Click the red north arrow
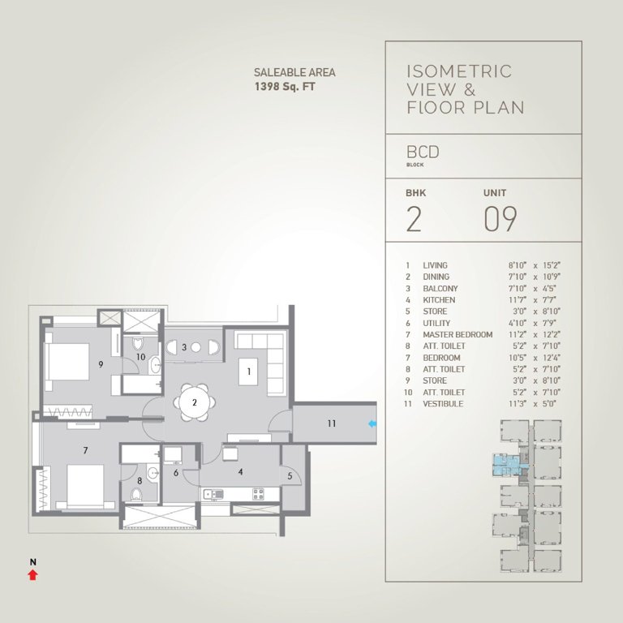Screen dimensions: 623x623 pyautogui.click(x=32, y=575)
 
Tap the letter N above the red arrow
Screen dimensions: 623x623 pyautogui.click(x=32, y=561)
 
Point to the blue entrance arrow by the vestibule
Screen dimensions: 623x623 pyautogui.click(x=372, y=423)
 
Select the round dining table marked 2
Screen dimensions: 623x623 pyautogui.click(x=195, y=402)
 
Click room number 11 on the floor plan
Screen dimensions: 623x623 pyautogui.click(x=331, y=423)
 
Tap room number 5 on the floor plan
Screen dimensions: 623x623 pyautogui.click(x=290, y=476)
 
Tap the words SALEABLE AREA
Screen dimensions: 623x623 pyautogui.click(x=294, y=72)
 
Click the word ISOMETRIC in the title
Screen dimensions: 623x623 pyautogui.click(x=458, y=71)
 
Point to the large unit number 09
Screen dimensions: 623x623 pyautogui.click(x=500, y=220)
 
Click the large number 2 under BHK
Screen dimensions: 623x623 pyautogui.click(x=414, y=220)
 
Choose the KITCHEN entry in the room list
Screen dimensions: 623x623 pyautogui.click(x=439, y=300)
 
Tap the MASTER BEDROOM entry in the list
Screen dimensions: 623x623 pyautogui.click(x=458, y=335)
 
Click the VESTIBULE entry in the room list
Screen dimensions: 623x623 pyautogui.click(x=443, y=404)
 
